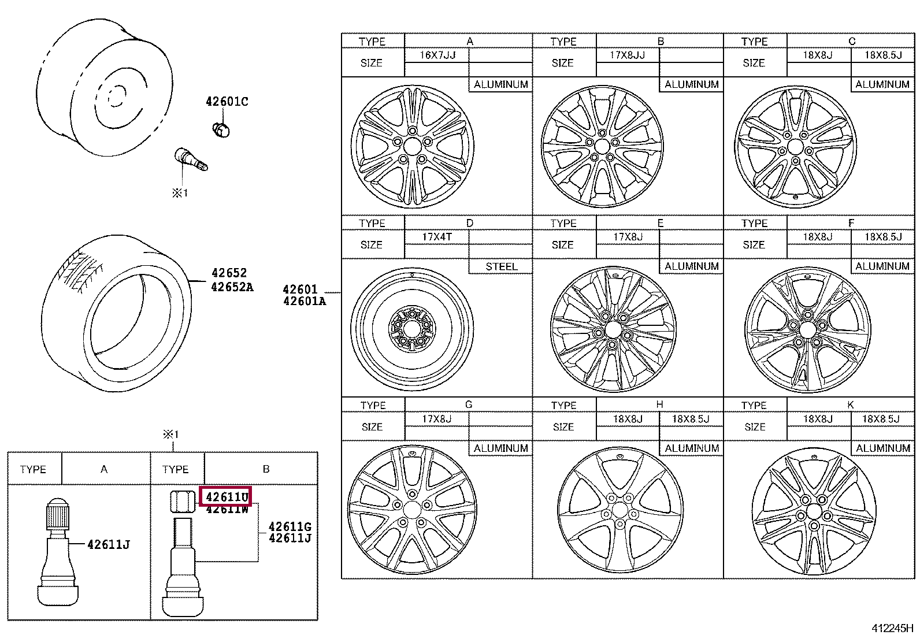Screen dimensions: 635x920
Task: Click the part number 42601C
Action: [227, 102]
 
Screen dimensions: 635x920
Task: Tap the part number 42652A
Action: [232, 287]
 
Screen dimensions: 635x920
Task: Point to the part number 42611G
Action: [290, 526]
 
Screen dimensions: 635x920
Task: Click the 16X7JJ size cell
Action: [437, 55]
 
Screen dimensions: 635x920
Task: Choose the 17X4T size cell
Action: [437, 237]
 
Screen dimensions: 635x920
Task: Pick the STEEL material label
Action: [500, 266]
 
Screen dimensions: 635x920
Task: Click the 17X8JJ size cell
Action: [627, 55]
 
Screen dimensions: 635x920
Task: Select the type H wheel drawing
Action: [619, 509]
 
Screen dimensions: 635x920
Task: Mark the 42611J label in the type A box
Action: [108, 544]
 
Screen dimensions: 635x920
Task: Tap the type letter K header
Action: [850, 405]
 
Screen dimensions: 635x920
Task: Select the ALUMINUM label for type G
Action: [500, 448]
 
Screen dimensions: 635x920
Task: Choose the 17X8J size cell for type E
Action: [627, 237]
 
